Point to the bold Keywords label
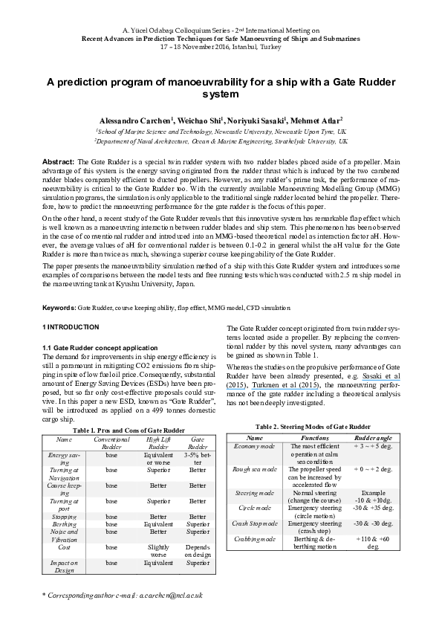coord(59,307)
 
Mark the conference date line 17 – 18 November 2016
coord(221,46)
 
